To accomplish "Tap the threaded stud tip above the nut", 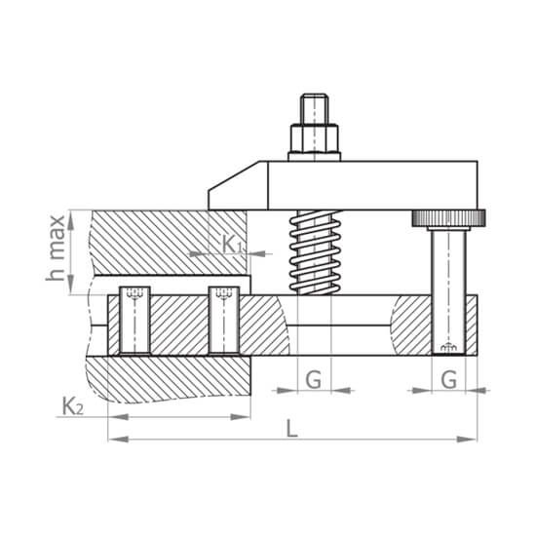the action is tap(314, 109).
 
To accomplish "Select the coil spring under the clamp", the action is tap(315, 252).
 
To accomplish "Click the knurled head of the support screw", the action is tap(448, 218).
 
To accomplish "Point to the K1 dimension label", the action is tap(232, 244).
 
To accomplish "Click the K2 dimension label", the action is tap(73, 406).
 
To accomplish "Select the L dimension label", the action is tap(291, 429).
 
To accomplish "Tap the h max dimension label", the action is tap(56, 248).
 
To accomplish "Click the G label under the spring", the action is tap(313, 380).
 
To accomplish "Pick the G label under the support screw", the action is tap(448, 380).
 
